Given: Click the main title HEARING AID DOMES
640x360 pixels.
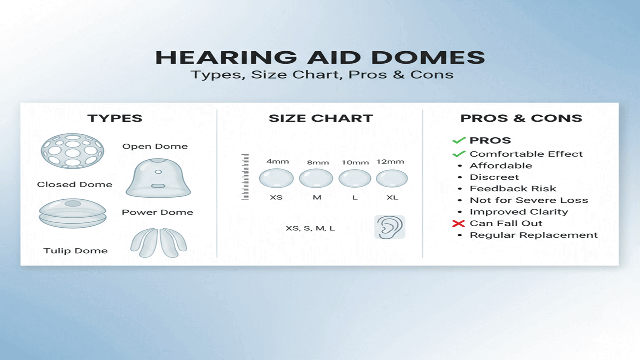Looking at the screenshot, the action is point(320,57).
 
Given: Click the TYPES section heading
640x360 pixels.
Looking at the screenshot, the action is point(115,118).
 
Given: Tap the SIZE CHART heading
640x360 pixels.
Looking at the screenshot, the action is point(321,118).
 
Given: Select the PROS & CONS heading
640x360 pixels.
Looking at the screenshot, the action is point(521,118).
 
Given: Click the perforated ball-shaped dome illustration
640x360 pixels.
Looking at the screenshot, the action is point(72,151).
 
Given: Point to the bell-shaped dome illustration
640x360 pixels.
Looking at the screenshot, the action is point(158,178).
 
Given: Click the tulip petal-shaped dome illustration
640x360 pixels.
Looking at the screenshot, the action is point(159,243).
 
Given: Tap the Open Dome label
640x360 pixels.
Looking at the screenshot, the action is point(155,146).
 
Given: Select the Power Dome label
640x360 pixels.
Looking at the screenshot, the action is point(157,212).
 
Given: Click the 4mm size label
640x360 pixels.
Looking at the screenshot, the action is point(277,161).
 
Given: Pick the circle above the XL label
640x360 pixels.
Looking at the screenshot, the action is point(392,179).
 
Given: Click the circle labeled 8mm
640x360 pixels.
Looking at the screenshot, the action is point(316,178).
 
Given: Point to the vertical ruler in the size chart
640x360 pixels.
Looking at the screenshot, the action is point(245,177).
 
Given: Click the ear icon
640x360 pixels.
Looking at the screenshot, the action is point(390,227).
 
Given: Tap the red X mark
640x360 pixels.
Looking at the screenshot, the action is point(459,223).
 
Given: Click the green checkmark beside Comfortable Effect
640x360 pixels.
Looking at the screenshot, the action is point(459,154).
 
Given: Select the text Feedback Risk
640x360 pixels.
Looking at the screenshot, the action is point(513,189).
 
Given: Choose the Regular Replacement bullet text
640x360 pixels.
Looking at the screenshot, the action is point(534,235).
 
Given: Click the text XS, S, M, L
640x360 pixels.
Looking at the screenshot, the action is point(310,228).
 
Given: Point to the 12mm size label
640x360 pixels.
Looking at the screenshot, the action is point(390,162).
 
